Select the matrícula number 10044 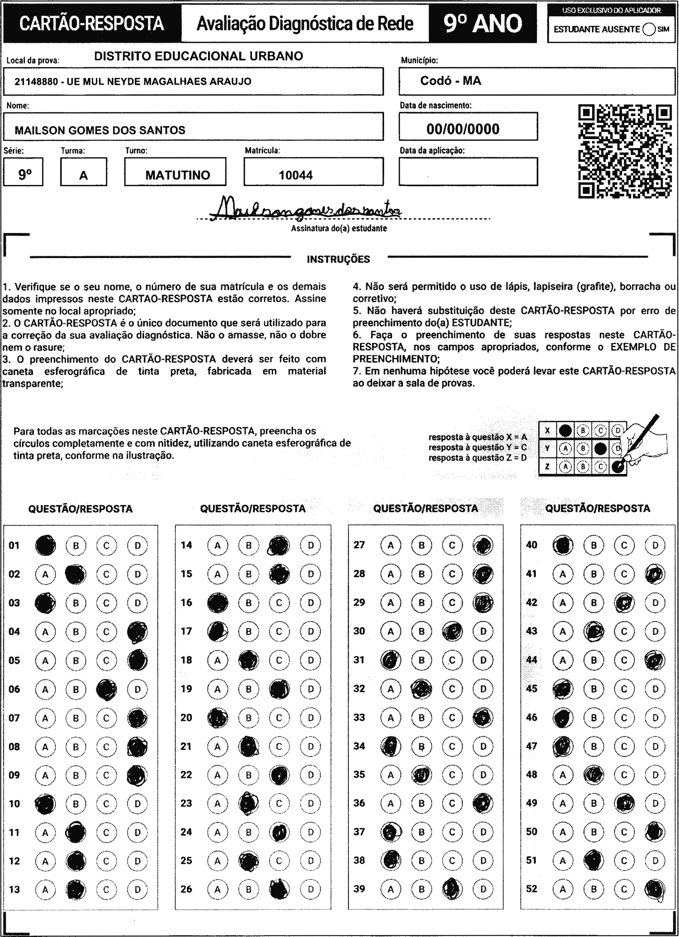pyautogui.click(x=296, y=175)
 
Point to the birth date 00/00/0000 pyautogui.click(x=463, y=129)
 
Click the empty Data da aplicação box pyautogui.click(x=468, y=171)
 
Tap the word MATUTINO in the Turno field pyautogui.click(x=178, y=175)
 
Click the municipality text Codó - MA pyautogui.click(x=450, y=81)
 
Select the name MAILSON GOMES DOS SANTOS pyautogui.click(x=100, y=130)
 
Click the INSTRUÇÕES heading pyautogui.click(x=338, y=260)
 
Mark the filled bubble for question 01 pyautogui.click(x=45, y=545)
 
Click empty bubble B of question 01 pyautogui.click(x=76, y=545)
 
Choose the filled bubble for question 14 pyautogui.click(x=279, y=545)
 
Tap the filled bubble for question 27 pyautogui.click(x=483, y=545)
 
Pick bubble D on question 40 pyautogui.click(x=655, y=545)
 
